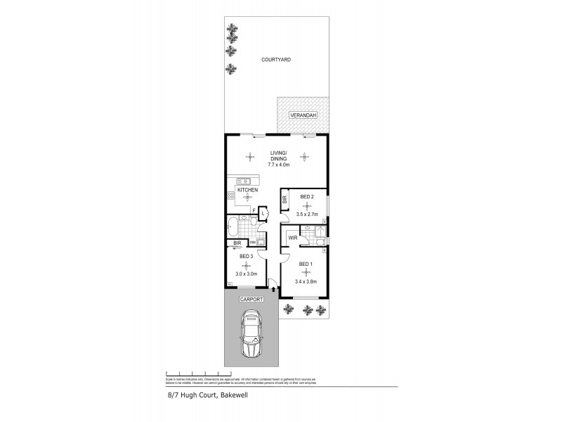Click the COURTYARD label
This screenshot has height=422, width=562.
tap(276, 60)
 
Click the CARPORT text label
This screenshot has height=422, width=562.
tap(251, 299)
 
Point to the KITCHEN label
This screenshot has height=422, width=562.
tap(247, 190)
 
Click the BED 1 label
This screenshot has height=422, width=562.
tap(306, 264)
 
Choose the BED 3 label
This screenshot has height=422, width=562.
tap(246, 257)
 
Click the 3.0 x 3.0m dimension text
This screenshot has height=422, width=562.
tap(247, 274)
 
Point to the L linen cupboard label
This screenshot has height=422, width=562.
tap(263, 212)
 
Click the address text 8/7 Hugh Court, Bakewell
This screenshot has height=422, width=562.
tap(198, 395)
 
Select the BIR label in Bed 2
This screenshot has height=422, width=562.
tap(285, 200)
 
